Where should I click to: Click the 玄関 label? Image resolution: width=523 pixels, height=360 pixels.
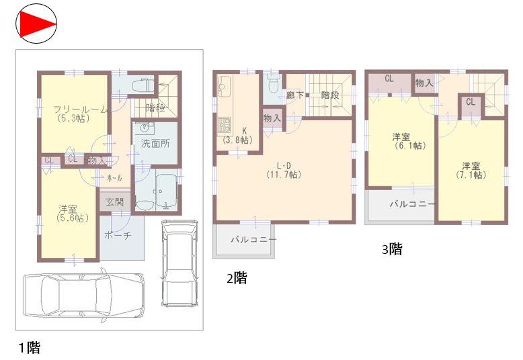114,201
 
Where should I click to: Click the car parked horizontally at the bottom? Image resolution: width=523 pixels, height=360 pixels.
84,296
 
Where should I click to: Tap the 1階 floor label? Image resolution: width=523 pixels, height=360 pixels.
29,347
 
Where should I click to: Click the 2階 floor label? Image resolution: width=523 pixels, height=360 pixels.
236,277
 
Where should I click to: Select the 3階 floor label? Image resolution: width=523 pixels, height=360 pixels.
392,249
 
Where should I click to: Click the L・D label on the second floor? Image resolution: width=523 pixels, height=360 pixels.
282,165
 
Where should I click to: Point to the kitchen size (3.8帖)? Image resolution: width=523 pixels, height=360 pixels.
237,140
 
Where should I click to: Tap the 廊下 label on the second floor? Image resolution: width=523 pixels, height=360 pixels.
294,95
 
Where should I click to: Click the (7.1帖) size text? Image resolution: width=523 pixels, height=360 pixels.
471,175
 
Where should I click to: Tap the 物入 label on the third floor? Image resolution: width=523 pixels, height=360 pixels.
424,83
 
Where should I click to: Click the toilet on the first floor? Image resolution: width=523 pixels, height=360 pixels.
142,86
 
